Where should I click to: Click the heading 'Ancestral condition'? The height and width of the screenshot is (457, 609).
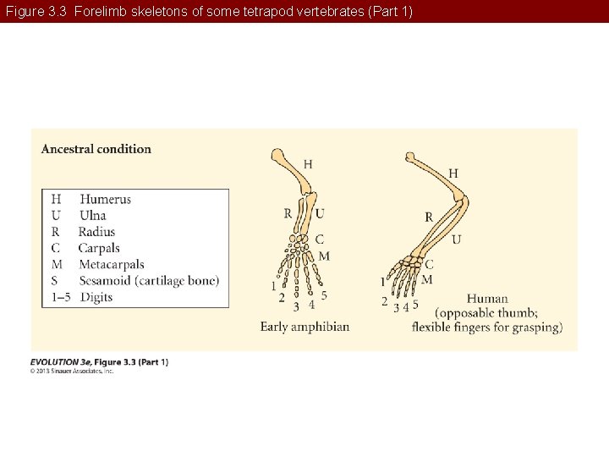[96, 149]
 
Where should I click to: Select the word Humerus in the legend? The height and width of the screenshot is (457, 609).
[106, 200]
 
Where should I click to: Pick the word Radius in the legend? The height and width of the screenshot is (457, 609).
[96, 232]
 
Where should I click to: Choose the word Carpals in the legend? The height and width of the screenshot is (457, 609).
[99, 248]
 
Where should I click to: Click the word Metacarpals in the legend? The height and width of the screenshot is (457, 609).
[111, 264]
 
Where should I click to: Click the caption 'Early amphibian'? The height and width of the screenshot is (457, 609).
[304, 327]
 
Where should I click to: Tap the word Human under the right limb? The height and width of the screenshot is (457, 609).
[487, 298]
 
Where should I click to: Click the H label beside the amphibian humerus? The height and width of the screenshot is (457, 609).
[308, 164]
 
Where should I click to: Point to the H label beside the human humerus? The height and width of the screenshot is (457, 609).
[453, 173]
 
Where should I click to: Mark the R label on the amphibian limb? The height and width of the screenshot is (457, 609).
[288, 213]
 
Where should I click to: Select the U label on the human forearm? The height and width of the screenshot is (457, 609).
[457, 240]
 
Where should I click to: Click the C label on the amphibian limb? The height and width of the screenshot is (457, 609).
[320, 240]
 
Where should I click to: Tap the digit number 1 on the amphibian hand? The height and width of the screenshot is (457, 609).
[273, 285]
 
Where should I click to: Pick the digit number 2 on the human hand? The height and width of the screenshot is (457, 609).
[385, 301]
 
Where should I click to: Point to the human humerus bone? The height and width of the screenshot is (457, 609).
[436, 179]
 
